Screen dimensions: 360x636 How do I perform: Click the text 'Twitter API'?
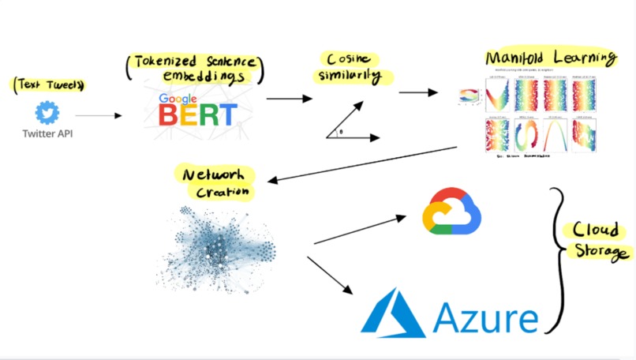[x=48, y=133]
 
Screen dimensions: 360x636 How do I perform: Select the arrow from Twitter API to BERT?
[x=99, y=115]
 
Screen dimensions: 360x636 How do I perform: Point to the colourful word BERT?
[x=197, y=115]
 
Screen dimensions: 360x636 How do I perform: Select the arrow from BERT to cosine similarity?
[x=289, y=99]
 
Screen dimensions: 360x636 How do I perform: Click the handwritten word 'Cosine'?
[x=348, y=58]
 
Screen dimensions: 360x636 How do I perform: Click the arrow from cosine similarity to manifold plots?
[x=417, y=92]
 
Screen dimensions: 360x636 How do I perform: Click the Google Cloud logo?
[x=451, y=212]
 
